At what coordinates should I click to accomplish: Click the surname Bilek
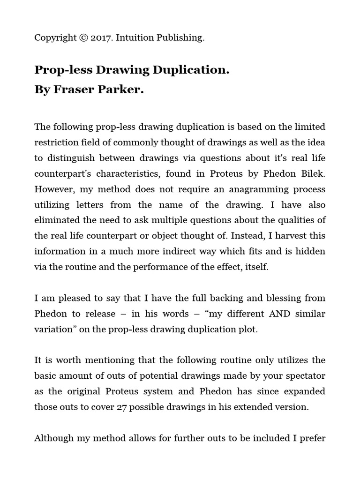[x=312, y=174]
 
